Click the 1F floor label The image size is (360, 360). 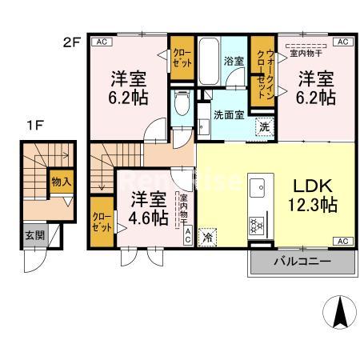[32, 125]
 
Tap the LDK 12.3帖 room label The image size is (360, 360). [312, 194]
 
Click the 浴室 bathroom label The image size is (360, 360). [234, 59]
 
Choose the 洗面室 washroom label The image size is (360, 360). [228, 114]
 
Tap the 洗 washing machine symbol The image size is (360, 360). [263, 125]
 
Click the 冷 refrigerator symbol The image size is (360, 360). [208, 236]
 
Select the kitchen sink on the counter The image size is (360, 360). [259, 187]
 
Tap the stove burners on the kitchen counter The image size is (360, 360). [259, 225]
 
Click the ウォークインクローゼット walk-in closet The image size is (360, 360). [262, 70]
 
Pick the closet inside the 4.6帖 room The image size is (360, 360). [102, 221]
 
